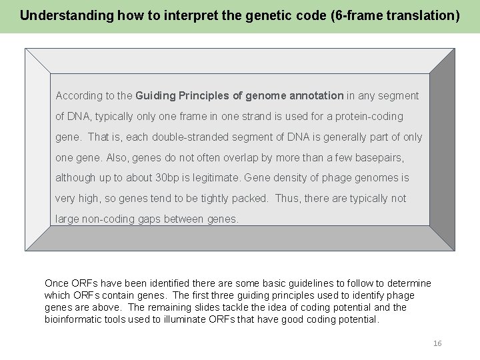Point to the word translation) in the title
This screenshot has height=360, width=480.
click(424, 16)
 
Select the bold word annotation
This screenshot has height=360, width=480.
click(315, 96)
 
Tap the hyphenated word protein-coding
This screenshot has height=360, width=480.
click(369, 117)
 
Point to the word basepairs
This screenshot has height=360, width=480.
click(381, 158)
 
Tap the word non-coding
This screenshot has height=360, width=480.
click(109, 219)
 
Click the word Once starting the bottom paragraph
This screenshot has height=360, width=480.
click(57, 283)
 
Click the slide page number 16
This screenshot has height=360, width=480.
click(437, 343)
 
